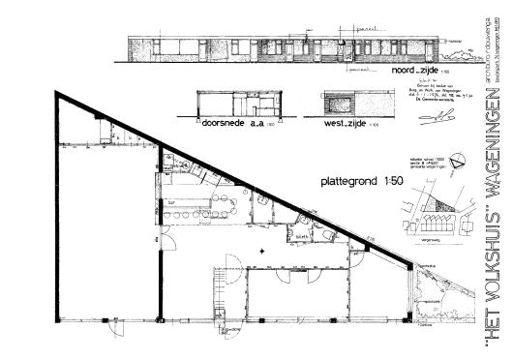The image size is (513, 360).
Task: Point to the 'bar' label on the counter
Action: (170, 202)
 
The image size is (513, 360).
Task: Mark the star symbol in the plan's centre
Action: (261, 253)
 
